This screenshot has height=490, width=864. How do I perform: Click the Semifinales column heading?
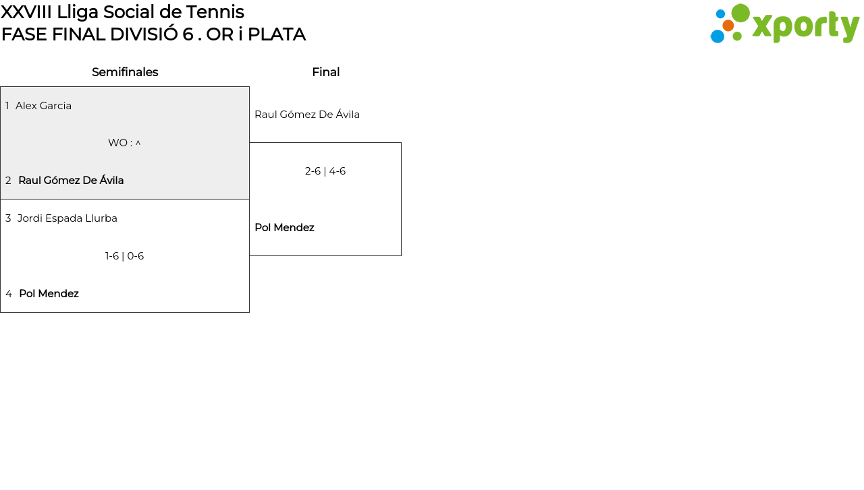tap(125, 72)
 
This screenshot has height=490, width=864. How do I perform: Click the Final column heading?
tap(326, 72)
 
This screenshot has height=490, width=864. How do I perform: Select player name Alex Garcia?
tap(44, 106)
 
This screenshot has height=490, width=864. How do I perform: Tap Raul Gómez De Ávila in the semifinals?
tap(71, 180)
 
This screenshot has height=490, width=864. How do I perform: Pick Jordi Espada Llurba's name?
tap(67, 218)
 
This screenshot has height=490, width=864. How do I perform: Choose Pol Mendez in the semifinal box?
tap(49, 294)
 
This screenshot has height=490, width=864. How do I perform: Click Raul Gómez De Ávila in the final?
tap(307, 115)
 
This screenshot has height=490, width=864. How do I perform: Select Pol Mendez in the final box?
tap(285, 228)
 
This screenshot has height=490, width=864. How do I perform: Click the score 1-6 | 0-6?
tap(125, 256)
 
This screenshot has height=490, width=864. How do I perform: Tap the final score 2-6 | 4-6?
tap(325, 171)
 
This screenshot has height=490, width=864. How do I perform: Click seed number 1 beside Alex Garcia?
tap(7, 106)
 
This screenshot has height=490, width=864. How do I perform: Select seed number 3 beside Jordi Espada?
tap(8, 218)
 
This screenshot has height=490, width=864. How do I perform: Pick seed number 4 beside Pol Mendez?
tap(9, 294)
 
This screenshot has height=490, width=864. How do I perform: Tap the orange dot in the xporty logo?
tap(728, 26)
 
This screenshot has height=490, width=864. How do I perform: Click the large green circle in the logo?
tap(740, 13)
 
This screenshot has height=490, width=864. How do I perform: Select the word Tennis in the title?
tap(215, 12)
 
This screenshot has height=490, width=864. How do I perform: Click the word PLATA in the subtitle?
tap(277, 34)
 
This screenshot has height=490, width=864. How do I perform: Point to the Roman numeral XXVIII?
tap(26, 12)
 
